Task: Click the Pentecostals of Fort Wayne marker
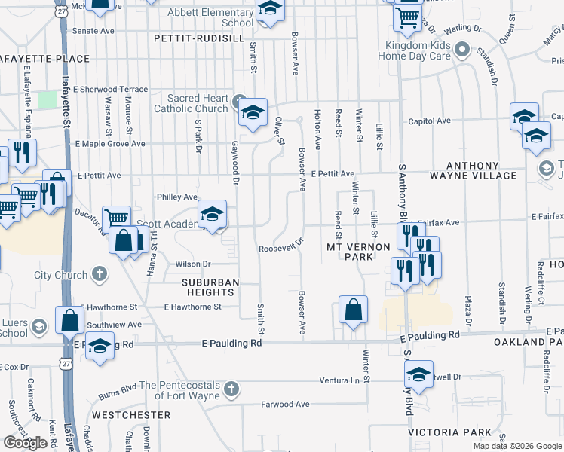click(231, 389)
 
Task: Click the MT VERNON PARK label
click(358, 252)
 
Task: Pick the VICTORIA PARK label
click(449, 433)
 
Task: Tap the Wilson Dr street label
click(193, 264)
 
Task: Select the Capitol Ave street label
click(429, 121)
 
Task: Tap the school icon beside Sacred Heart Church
click(253, 113)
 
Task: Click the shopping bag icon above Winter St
click(353, 309)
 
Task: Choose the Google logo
click(25, 442)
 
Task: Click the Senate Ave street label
click(93, 31)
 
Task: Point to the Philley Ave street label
click(176, 197)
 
